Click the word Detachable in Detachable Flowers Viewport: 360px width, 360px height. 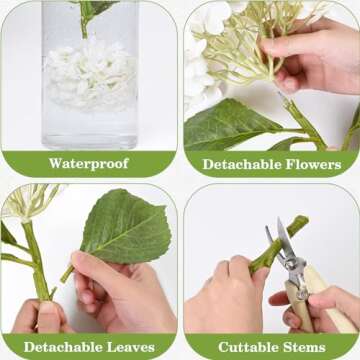click(x=236, y=163)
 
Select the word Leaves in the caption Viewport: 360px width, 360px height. click(x=132, y=347)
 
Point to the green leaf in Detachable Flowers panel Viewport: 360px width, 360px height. click(x=230, y=125)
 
